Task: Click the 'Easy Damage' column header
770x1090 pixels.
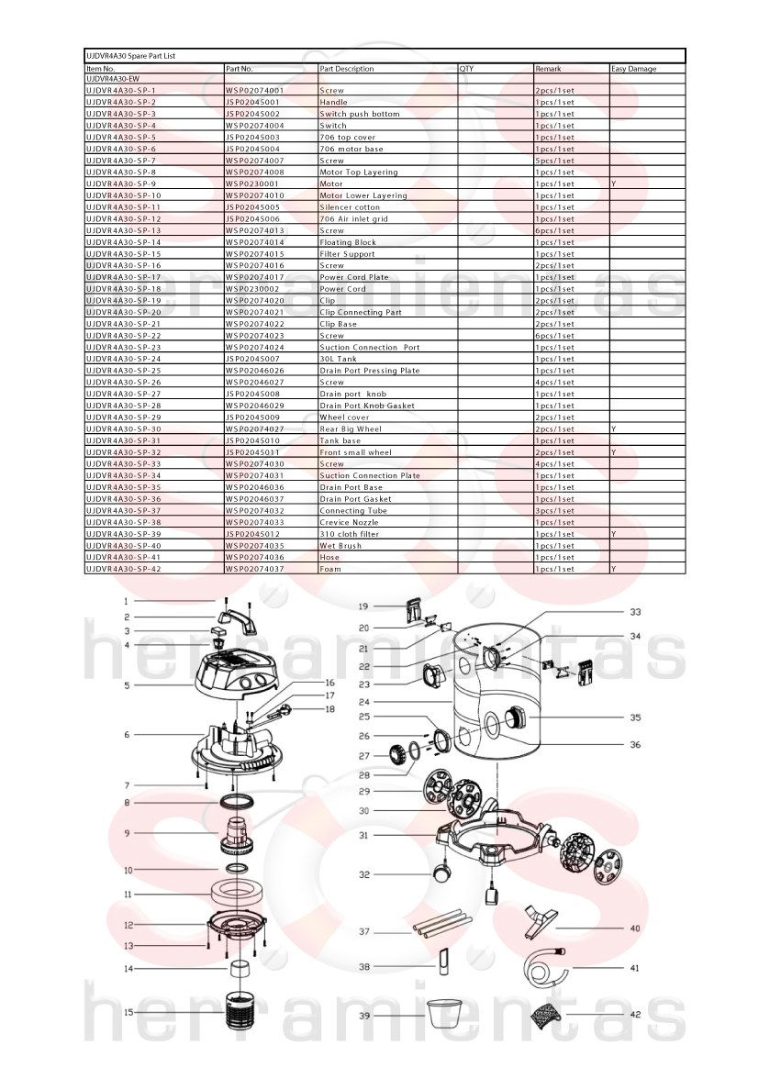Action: click(x=633, y=69)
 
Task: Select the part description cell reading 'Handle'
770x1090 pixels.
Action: click(x=333, y=102)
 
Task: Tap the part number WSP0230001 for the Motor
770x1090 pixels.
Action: click(x=251, y=184)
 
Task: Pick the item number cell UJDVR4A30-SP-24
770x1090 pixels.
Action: click(x=123, y=360)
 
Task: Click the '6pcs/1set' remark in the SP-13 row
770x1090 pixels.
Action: click(x=555, y=231)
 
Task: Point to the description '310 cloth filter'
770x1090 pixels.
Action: click(x=349, y=535)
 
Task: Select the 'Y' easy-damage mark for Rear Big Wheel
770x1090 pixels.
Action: click(x=613, y=429)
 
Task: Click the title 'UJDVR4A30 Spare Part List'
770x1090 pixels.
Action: click(x=130, y=56)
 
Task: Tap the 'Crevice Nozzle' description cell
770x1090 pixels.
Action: click(x=349, y=523)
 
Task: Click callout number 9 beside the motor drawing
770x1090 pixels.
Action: click(x=127, y=833)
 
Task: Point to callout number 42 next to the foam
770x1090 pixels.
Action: click(x=634, y=1014)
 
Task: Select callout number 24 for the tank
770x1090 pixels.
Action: click(x=363, y=702)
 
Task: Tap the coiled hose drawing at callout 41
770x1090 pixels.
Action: click(x=550, y=966)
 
